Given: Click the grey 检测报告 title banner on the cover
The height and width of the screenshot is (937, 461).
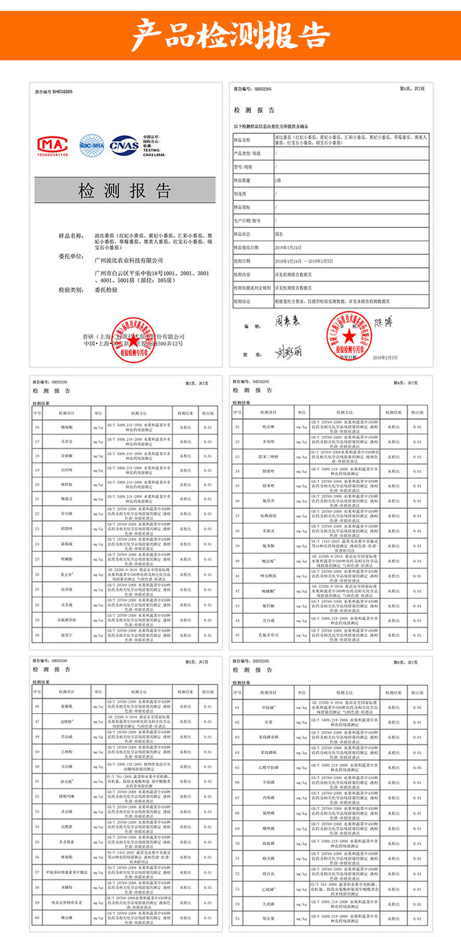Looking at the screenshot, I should pyautogui.click(x=125, y=191).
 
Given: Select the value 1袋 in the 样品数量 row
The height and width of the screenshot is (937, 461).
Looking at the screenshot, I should pyautogui.click(x=278, y=180).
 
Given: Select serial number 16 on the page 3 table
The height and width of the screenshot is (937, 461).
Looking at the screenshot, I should pyautogui.click(x=38, y=427).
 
